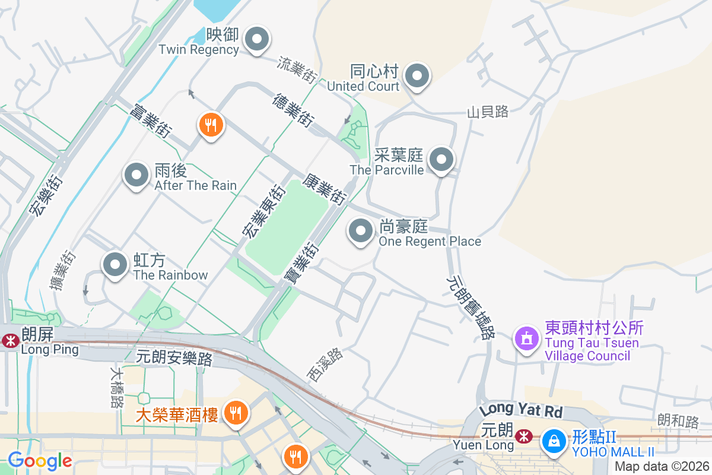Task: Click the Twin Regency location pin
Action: click(x=257, y=40)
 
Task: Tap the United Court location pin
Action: click(x=417, y=76)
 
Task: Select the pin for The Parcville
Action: click(x=441, y=160)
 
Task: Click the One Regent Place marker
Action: click(x=361, y=231)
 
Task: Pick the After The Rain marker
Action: click(x=136, y=176)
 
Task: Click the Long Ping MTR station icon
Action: click(x=10, y=341)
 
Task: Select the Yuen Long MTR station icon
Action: click(x=523, y=437)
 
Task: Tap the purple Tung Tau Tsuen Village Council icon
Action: click(x=526, y=338)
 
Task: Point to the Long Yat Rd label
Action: click(x=520, y=410)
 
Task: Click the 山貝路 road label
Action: click(x=488, y=112)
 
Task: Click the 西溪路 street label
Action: click(x=325, y=364)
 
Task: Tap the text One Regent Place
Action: click(x=430, y=242)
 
